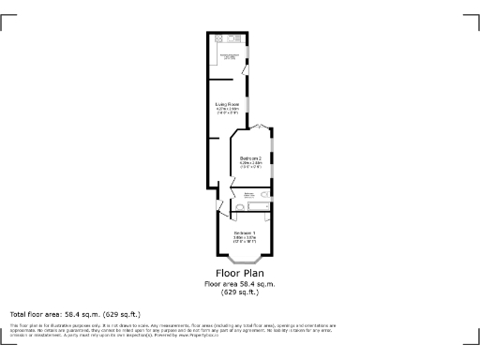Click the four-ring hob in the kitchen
tap(217, 39)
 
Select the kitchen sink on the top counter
tap(234, 39)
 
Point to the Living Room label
tap(227, 105)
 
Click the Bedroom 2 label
tap(250, 159)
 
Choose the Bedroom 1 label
tap(245, 232)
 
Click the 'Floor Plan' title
tap(240, 275)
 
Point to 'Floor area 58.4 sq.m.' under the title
tap(240, 284)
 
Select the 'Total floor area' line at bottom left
tap(74, 314)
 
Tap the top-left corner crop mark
tap(7, 20)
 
